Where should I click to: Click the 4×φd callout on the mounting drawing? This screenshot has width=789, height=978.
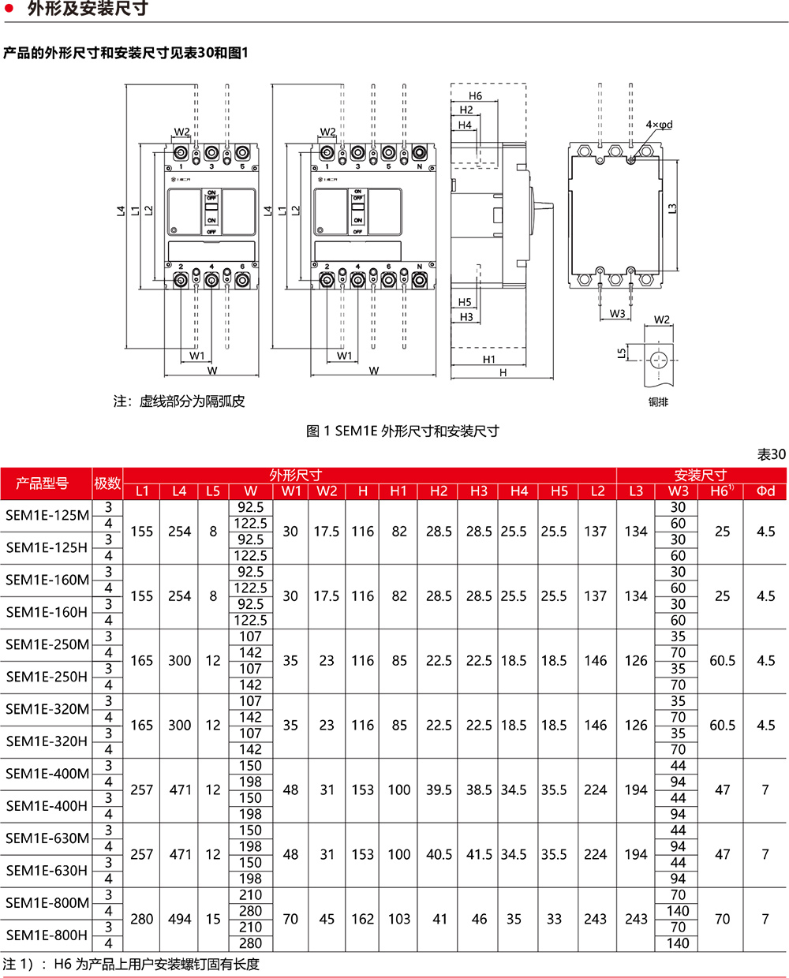point(659,125)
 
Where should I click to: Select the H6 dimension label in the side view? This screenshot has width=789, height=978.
point(475,96)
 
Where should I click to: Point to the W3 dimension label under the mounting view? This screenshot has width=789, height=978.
point(617,314)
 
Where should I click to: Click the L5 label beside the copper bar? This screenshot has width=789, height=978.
point(622,353)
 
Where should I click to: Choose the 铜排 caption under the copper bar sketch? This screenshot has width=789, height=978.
point(658,401)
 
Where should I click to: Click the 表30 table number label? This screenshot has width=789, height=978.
point(771,454)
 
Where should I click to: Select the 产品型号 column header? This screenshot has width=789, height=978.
point(42,483)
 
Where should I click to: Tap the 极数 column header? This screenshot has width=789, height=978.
point(107,483)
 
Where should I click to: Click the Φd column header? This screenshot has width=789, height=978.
point(765,491)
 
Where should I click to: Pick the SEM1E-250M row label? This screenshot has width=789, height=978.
point(47,644)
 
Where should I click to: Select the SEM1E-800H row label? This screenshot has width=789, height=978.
point(47,935)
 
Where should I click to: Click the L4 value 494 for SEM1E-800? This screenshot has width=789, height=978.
point(180,919)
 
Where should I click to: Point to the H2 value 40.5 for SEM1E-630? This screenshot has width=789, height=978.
point(439,854)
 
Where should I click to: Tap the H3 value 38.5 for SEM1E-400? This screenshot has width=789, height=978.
point(479,789)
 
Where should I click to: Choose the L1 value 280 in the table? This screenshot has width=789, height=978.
point(142,919)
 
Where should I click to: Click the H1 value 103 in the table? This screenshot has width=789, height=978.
point(399,919)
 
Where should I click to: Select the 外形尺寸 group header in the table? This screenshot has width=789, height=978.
point(295,475)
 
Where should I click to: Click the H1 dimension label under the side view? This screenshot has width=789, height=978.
point(489,359)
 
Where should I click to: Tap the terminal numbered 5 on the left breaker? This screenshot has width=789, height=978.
point(242,166)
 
